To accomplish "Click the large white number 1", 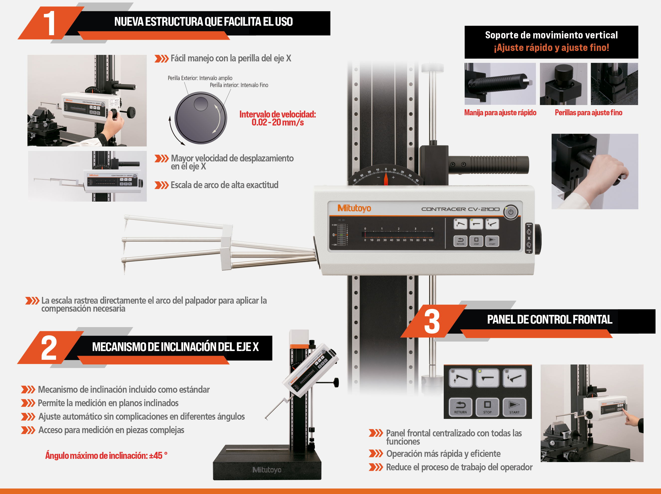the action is pos(50,23).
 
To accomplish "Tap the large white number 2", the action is pos(49,348).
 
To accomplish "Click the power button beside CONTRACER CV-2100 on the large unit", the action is pos(511,212).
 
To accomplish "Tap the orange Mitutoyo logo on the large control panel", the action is pos(354,208).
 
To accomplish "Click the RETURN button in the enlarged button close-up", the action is pos(460,407).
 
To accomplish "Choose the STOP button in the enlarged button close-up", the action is pos(487,407).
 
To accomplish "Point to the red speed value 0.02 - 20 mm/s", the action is pos(278,122).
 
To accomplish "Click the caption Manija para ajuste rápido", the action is pos(500,113).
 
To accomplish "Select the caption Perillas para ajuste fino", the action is pos(588,113).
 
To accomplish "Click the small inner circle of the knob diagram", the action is pos(201,104).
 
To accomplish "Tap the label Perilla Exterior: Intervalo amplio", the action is pos(200,78).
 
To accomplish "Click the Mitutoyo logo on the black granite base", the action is pos(267,470).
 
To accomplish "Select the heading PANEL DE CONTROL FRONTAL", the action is pos(550,319).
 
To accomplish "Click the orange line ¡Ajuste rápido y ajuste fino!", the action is pos(551,48).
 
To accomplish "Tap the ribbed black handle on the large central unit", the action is pos(488,164).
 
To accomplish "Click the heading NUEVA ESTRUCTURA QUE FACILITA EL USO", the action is pos(203,21).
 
